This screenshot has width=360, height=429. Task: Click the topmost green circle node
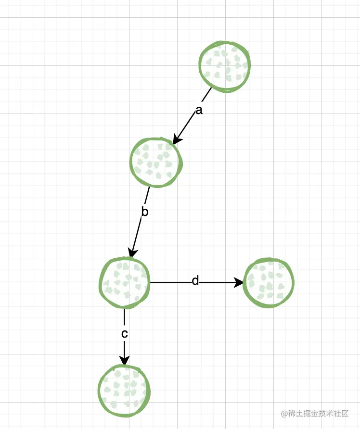224,66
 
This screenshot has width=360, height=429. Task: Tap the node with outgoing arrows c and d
125,283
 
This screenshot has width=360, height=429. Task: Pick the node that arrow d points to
269,282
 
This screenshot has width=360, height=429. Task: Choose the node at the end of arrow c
124,390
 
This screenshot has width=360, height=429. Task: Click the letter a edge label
199,111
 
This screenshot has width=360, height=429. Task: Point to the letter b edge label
144,212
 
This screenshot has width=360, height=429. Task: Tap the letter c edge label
124,333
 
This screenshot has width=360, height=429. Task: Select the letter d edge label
195,281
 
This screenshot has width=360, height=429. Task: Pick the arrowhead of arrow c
124,360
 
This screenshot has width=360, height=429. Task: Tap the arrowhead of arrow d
239,283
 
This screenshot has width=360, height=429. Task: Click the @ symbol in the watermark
284,414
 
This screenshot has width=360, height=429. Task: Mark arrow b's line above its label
148,195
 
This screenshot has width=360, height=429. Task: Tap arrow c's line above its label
124,317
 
